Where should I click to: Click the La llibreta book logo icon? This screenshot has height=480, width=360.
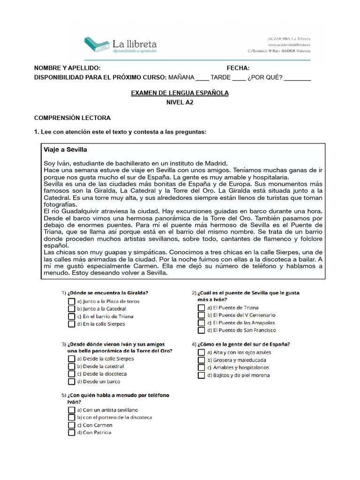click(97, 45)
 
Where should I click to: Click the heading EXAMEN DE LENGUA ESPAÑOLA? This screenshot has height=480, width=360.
click(180, 93)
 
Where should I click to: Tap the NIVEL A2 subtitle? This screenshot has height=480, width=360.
click(180, 102)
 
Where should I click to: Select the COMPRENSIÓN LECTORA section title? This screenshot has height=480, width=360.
click(73, 118)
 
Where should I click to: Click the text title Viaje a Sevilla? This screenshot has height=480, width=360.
click(65, 150)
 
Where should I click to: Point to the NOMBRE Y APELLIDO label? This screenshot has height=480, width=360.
click(67, 68)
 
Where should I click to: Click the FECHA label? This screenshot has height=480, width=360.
click(238, 68)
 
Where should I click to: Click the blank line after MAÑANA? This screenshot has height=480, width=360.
click(202, 78)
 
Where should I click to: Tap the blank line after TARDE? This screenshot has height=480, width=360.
click(239, 78)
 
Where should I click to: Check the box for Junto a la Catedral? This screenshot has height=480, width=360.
click(71, 309)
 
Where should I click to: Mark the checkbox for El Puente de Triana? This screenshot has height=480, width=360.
click(202, 308)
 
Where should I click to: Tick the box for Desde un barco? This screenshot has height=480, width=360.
click(71, 382)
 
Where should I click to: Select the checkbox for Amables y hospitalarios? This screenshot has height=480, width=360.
click(202, 367)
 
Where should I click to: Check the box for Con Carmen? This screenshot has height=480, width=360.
click(71, 425)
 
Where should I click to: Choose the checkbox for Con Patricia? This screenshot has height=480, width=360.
click(71, 433)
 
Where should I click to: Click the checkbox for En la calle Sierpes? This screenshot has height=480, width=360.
click(71, 324)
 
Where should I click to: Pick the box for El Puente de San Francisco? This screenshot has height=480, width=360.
click(202, 330)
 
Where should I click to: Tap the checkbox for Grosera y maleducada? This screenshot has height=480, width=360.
click(202, 360)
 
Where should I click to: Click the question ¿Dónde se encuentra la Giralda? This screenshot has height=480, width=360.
click(108, 293)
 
